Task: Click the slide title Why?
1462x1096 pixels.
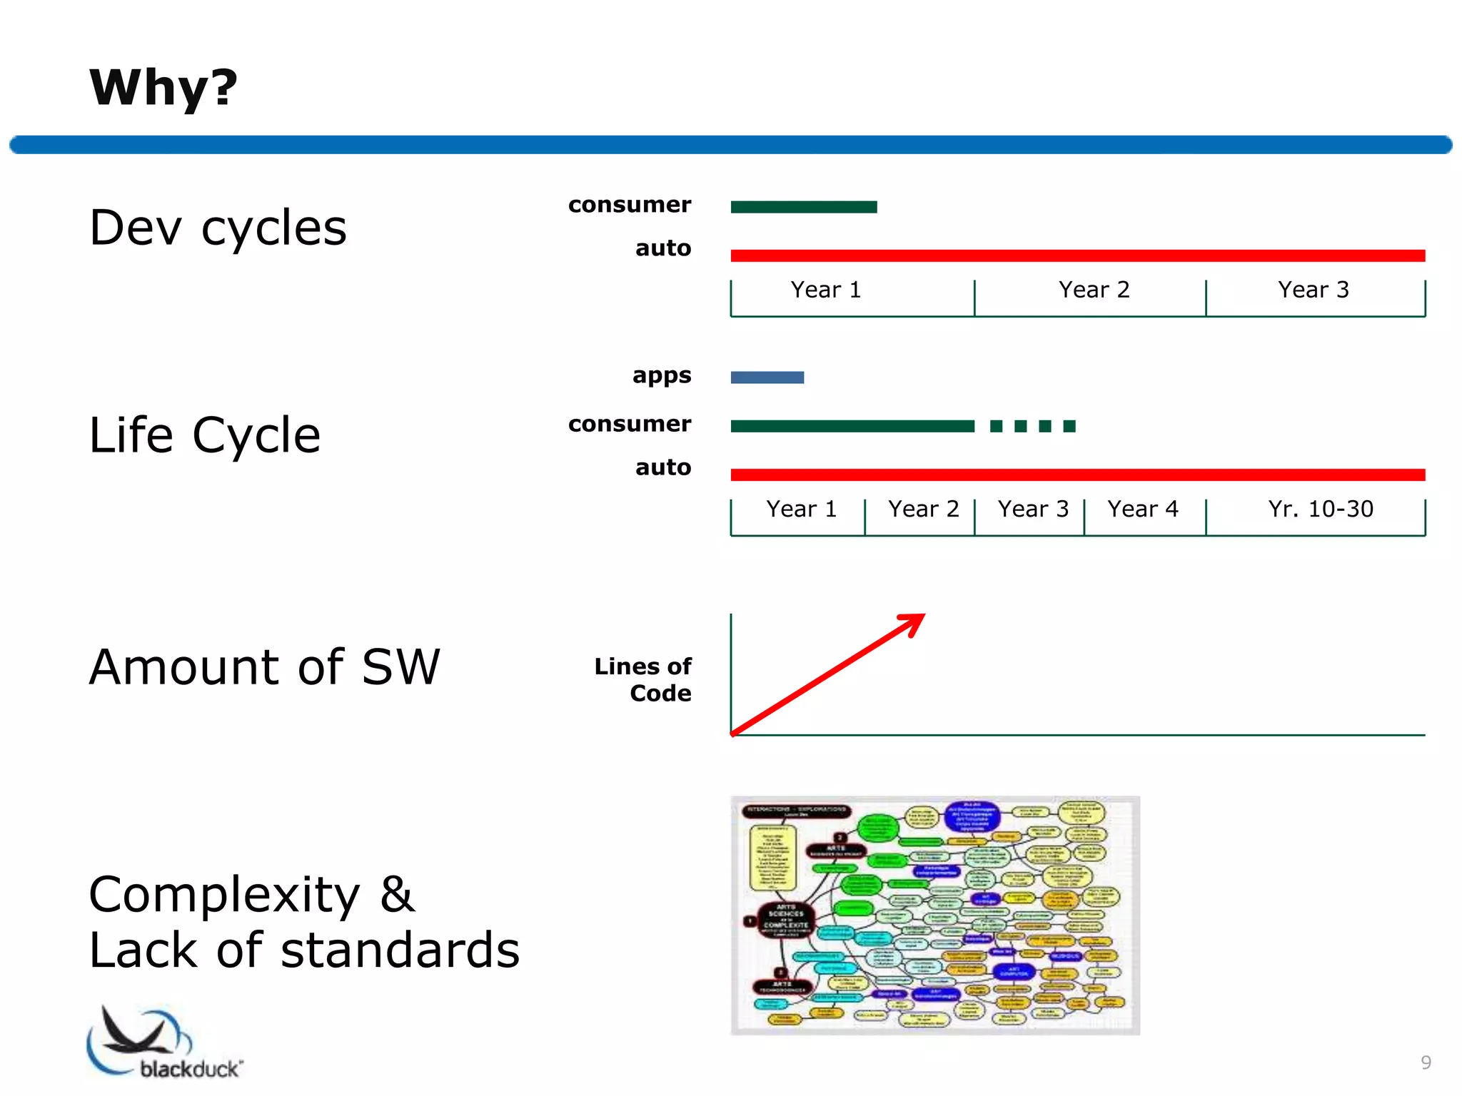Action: click(163, 88)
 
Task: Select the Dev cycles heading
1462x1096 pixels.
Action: click(218, 228)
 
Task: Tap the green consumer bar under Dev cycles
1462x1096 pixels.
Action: click(803, 207)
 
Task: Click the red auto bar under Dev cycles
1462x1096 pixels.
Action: click(1077, 255)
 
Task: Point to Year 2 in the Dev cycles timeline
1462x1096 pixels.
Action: click(1094, 290)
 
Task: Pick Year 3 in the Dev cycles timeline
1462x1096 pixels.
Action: click(1313, 290)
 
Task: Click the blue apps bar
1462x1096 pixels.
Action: click(767, 377)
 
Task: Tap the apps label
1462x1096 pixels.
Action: click(661, 375)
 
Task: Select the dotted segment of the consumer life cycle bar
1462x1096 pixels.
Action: click(1032, 426)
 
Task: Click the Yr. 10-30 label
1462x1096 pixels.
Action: click(1320, 509)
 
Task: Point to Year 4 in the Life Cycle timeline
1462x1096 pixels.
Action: click(1142, 509)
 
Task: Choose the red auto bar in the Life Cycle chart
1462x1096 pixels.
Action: click(1077, 475)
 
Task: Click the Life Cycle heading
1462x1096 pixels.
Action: click(205, 435)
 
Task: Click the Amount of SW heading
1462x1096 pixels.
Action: click(265, 667)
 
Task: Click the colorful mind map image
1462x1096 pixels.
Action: click(934, 915)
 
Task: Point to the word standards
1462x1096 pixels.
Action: click(400, 950)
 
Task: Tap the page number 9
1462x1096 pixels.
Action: click(1426, 1062)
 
